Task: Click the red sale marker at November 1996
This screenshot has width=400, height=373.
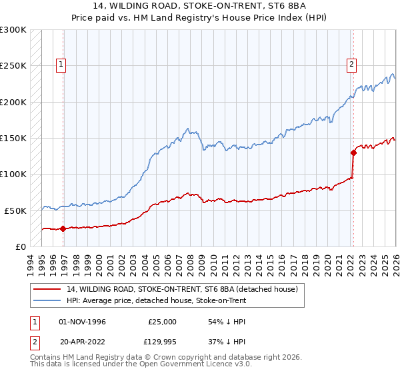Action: pos(63,228)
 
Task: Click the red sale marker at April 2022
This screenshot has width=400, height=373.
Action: pos(353,153)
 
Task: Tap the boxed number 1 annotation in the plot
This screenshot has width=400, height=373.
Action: pos(61,65)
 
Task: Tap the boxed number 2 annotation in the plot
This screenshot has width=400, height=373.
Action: pos(351,65)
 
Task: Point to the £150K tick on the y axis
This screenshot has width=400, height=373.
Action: pos(13,139)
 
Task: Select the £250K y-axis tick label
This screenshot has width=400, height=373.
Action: pos(13,67)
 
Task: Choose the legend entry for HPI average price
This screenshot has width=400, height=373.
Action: pos(156,300)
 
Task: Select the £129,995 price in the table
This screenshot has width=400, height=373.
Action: pos(162,343)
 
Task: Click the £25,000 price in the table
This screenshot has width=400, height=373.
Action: pos(162,322)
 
